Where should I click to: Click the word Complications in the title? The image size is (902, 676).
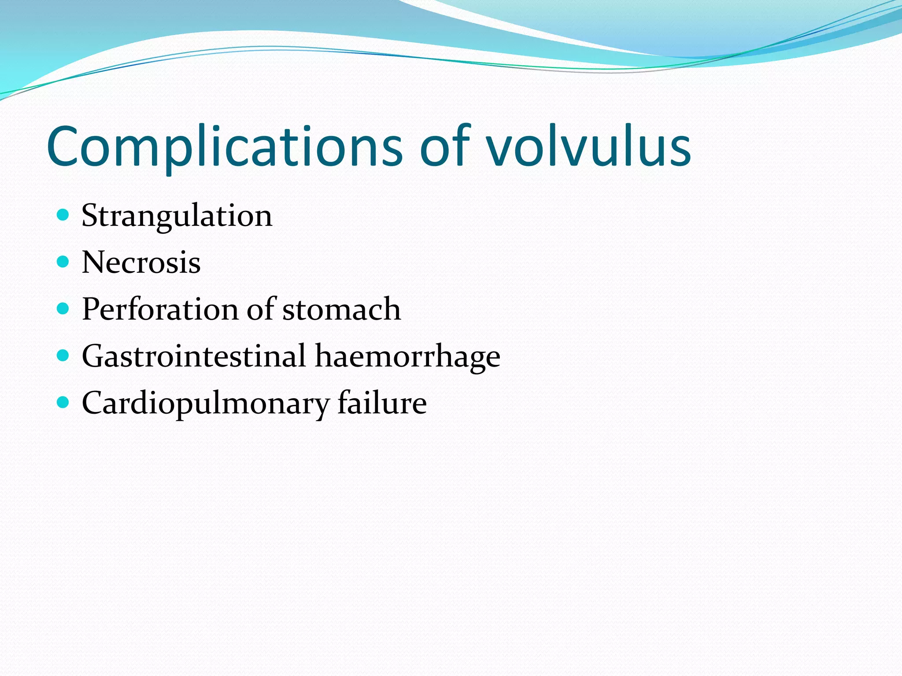225,147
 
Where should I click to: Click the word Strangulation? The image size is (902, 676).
177,216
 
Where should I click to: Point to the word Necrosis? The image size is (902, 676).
141,263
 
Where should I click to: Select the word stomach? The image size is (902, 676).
341,309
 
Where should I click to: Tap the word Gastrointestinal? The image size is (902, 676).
194,356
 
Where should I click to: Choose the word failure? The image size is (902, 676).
382,403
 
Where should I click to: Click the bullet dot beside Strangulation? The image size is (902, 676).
63,215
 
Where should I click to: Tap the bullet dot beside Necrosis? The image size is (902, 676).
63,262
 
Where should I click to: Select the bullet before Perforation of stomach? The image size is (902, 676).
63,309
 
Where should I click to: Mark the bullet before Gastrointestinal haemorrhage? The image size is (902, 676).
63,355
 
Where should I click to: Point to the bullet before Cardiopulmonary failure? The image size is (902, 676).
63,402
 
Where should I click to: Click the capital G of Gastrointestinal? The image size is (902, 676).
94,356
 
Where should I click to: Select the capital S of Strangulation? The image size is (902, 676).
90,216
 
